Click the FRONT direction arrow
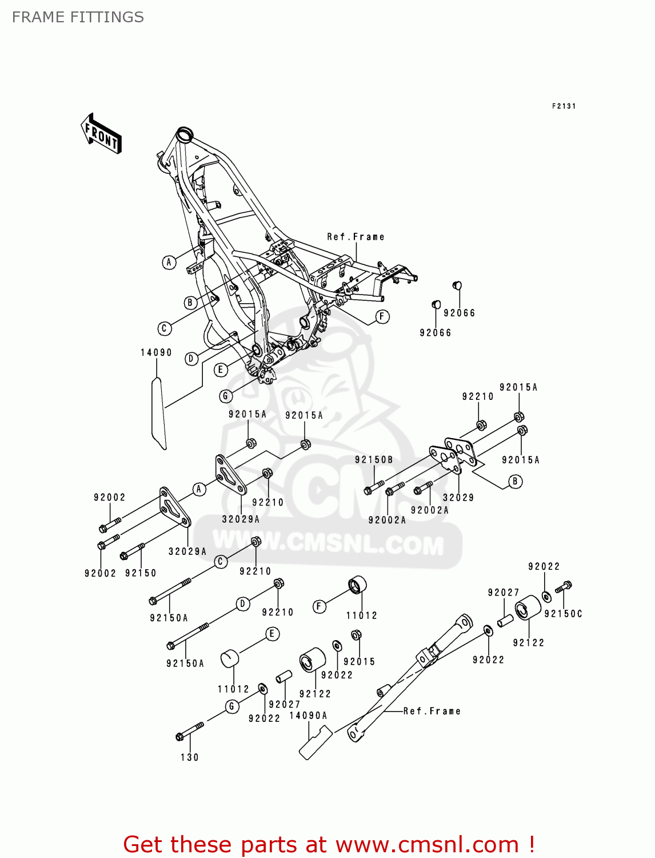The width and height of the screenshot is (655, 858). point(101,134)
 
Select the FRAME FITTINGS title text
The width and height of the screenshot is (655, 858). point(78,17)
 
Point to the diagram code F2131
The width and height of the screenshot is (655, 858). point(564,106)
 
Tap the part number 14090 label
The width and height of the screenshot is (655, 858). point(156,352)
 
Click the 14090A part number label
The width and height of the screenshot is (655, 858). point(308,716)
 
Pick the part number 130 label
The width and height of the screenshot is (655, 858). point(190,757)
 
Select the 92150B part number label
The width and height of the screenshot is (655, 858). point(374,460)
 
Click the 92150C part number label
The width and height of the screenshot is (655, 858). point(563,614)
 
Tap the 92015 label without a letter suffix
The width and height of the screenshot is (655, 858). point(359,662)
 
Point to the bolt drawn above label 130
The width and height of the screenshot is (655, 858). point(190,731)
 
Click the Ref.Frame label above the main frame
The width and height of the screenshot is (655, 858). point(356,237)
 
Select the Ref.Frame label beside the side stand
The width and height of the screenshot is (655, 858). point(432,711)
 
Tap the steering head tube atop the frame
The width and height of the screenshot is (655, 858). point(184,135)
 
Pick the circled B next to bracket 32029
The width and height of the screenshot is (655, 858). point(515,482)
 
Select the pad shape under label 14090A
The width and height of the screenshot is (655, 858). point(315,742)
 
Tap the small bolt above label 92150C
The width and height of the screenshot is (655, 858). point(564,587)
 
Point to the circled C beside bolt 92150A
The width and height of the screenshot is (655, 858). point(221,562)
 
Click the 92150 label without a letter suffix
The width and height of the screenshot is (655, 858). point(141,573)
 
